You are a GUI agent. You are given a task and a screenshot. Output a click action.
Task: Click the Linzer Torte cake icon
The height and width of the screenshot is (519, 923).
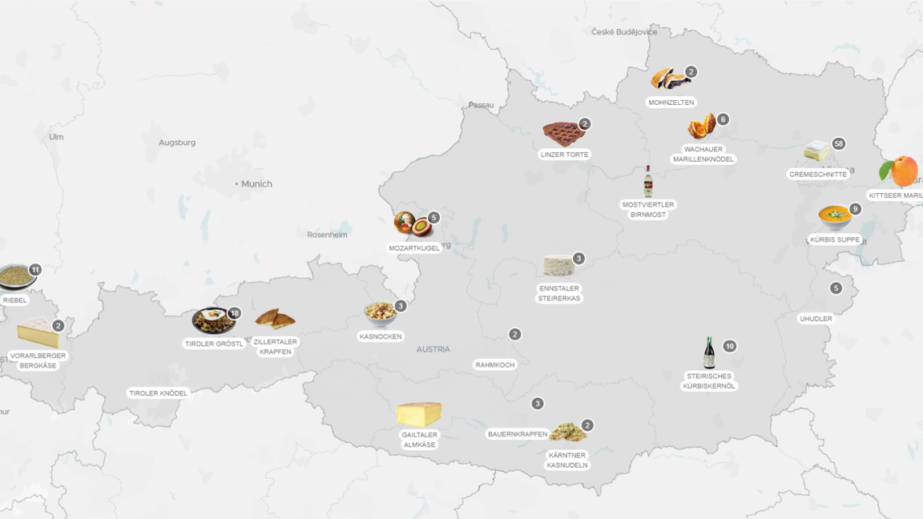(563, 132)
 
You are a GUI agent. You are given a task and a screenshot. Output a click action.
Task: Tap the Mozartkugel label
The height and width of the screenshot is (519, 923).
(414, 248)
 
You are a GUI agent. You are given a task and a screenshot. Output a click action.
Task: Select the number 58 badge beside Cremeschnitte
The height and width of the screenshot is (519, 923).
(838, 144)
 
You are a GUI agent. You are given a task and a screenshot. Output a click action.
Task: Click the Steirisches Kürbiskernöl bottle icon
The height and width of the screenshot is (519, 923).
(709, 353)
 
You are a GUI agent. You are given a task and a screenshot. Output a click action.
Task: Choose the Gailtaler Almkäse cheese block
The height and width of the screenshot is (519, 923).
(419, 414)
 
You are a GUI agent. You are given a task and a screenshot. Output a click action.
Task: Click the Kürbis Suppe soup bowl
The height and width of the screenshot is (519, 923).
(834, 217)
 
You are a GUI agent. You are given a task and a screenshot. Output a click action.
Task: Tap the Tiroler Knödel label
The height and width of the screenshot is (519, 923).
(159, 393)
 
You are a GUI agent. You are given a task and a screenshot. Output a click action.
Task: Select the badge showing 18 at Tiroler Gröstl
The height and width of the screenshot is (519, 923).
(234, 313)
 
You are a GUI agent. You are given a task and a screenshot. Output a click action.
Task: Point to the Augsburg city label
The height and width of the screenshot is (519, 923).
(177, 143)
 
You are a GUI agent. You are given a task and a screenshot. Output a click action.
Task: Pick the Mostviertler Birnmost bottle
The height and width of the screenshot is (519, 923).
(648, 183)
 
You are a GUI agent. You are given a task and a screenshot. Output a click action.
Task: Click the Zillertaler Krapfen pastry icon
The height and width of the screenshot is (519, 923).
(275, 320)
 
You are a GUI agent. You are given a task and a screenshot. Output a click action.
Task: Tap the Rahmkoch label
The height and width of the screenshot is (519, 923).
(495, 364)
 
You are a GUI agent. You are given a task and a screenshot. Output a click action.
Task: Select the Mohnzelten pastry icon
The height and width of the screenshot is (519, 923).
(669, 79)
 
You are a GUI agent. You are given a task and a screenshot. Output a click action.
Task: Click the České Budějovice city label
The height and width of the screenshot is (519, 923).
(624, 32)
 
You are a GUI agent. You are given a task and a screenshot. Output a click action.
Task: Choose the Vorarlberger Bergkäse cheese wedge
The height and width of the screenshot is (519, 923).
(37, 332)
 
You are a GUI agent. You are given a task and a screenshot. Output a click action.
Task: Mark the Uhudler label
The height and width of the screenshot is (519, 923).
(816, 319)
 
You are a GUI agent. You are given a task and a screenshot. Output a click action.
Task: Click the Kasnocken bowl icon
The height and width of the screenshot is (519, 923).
(380, 313)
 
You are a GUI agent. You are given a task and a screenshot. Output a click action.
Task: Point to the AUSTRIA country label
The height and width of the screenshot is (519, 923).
(433, 349)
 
